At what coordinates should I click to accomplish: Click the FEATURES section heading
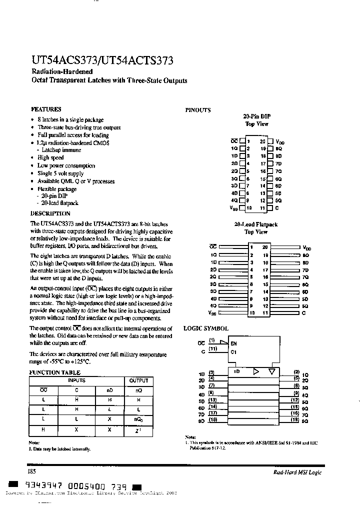tap(46, 109)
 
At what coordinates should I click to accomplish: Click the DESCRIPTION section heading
tap(50, 213)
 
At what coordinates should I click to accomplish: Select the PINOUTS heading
tap(198, 110)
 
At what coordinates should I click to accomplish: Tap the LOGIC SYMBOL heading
tap(205, 328)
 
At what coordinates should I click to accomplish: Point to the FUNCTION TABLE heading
tap(55, 372)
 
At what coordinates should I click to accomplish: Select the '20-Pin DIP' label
tap(256, 116)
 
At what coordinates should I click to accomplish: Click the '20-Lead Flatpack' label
tap(256, 225)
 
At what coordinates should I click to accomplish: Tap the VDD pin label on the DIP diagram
tap(279, 142)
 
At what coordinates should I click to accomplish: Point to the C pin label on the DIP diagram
tap(276, 207)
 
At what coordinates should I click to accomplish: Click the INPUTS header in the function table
tap(76, 381)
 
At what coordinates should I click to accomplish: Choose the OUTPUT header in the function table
tap(138, 381)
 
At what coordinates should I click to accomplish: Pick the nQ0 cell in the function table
tap(138, 420)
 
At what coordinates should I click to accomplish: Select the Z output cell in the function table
tap(138, 430)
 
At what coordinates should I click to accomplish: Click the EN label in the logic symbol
tap(233, 343)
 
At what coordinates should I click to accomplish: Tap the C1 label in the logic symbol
tap(233, 351)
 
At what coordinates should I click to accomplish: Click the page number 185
tap(31, 471)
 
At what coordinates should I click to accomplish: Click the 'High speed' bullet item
tap(50, 157)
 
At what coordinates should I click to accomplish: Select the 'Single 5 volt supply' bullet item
tap(60, 173)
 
